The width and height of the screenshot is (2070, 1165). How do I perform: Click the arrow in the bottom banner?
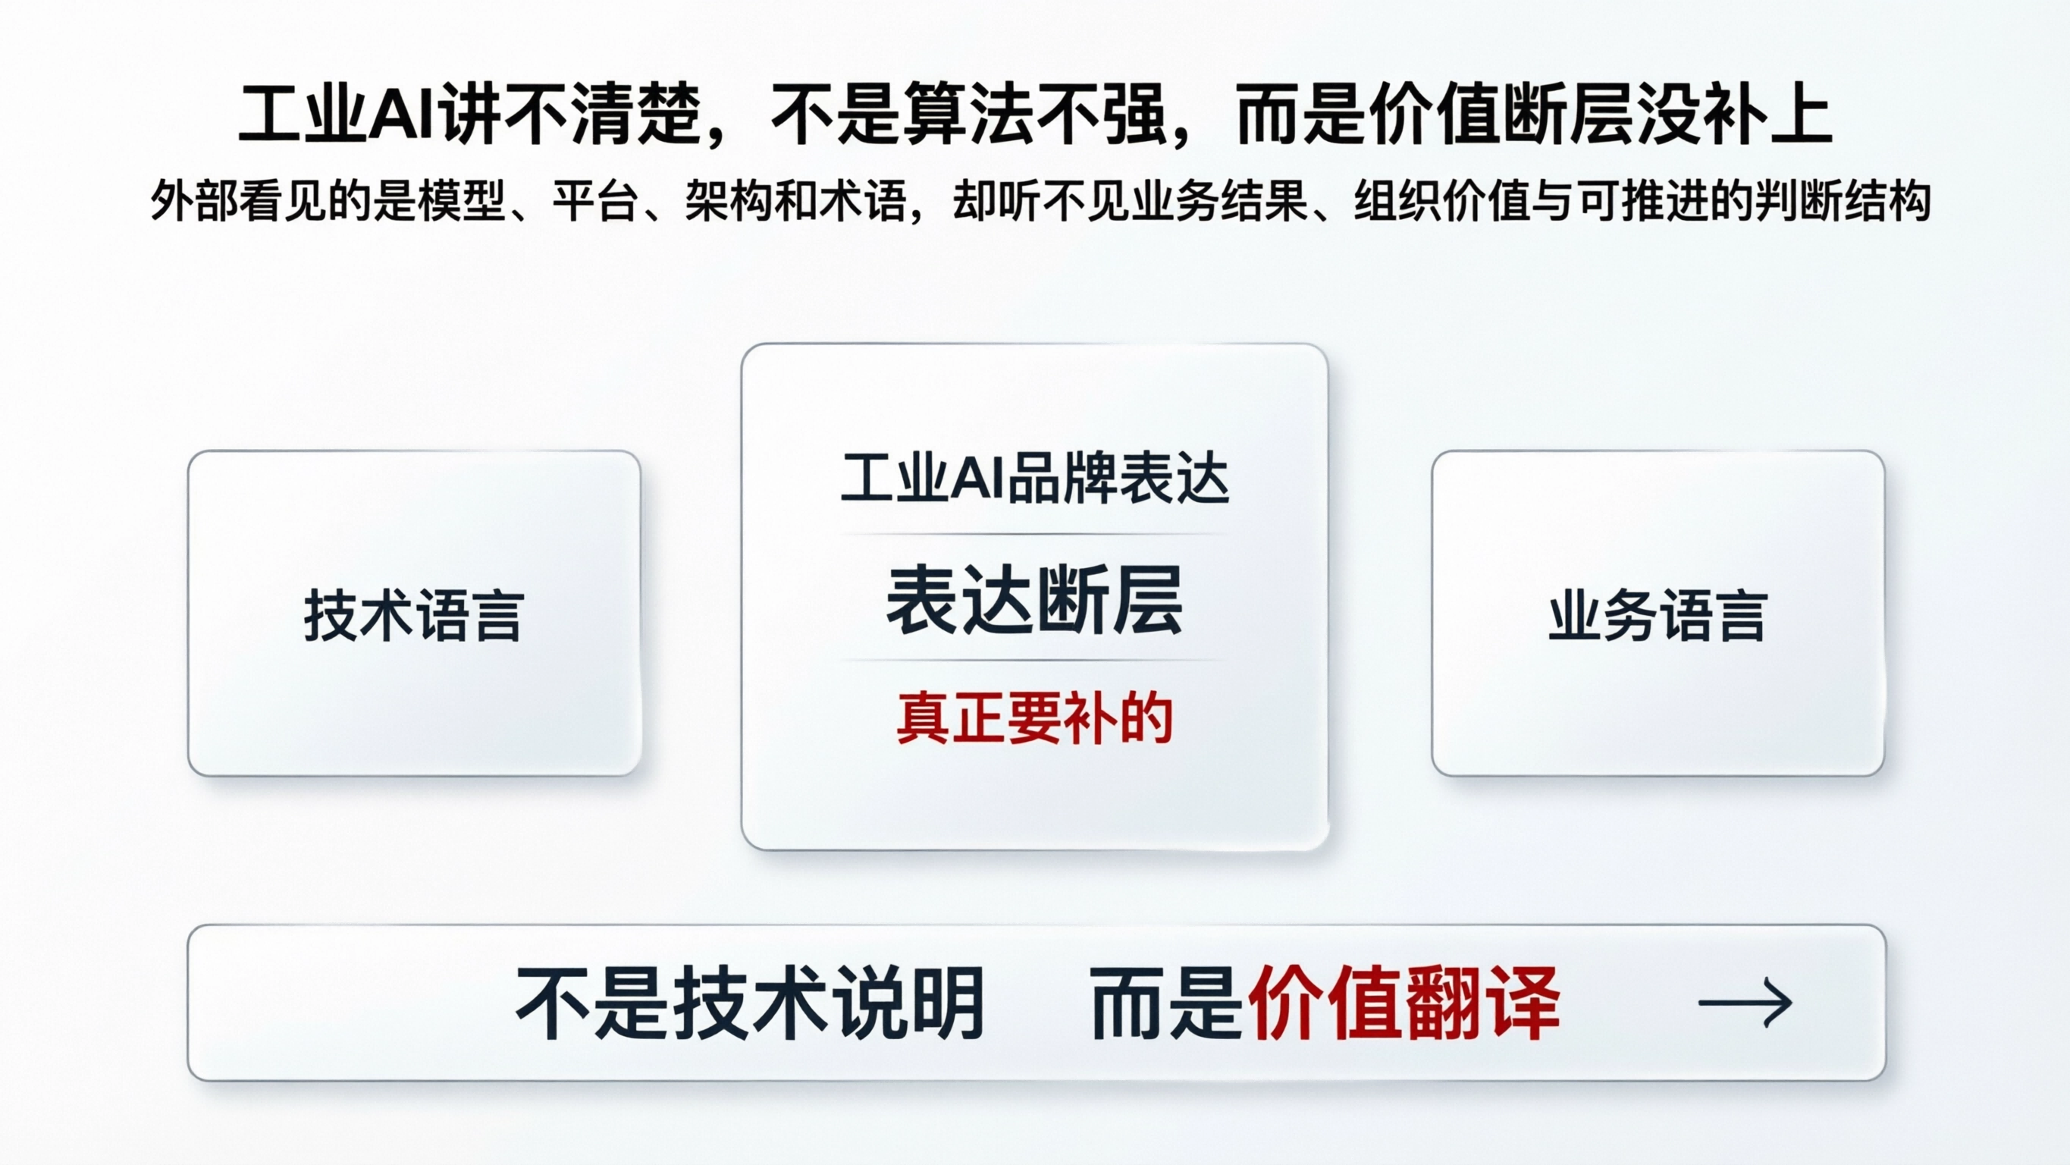(x=1745, y=1003)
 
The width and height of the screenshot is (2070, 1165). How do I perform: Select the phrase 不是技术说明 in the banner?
(x=750, y=1003)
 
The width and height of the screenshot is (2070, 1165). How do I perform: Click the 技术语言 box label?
(x=414, y=616)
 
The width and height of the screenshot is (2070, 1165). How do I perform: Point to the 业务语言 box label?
(x=1657, y=616)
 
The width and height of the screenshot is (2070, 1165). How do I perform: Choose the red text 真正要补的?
(x=1034, y=718)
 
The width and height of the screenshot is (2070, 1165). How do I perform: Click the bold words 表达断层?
(x=1034, y=600)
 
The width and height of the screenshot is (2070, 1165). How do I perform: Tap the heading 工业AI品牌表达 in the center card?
(x=1034, y=480)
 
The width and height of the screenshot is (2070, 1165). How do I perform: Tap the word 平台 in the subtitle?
(x=594, y=201)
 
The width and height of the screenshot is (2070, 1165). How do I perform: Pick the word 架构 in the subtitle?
(x=728, y=201)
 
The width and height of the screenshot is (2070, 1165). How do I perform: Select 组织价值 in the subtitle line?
(x=1442, y=201)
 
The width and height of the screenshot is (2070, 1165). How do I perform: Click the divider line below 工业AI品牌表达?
(x=1034, y=534)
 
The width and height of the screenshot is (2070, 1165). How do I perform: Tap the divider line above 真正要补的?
(x=1034, y=660)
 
